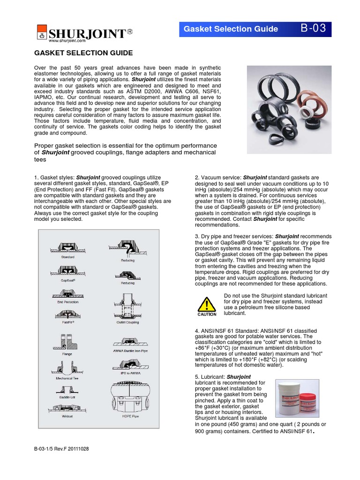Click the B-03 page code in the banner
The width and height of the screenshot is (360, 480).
pos(313,29)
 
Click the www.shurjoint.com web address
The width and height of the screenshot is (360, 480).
pos(63,41)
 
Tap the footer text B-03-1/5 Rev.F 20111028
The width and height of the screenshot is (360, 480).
pos(61,449)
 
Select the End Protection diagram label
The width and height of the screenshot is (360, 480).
pos(67,302)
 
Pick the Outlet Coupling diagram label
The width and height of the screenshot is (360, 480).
pos(128,322)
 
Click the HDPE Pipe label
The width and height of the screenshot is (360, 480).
pos(128,415)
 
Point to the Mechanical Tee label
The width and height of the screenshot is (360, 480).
pos(67,377)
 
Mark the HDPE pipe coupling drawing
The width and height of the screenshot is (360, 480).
pos(128,397)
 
